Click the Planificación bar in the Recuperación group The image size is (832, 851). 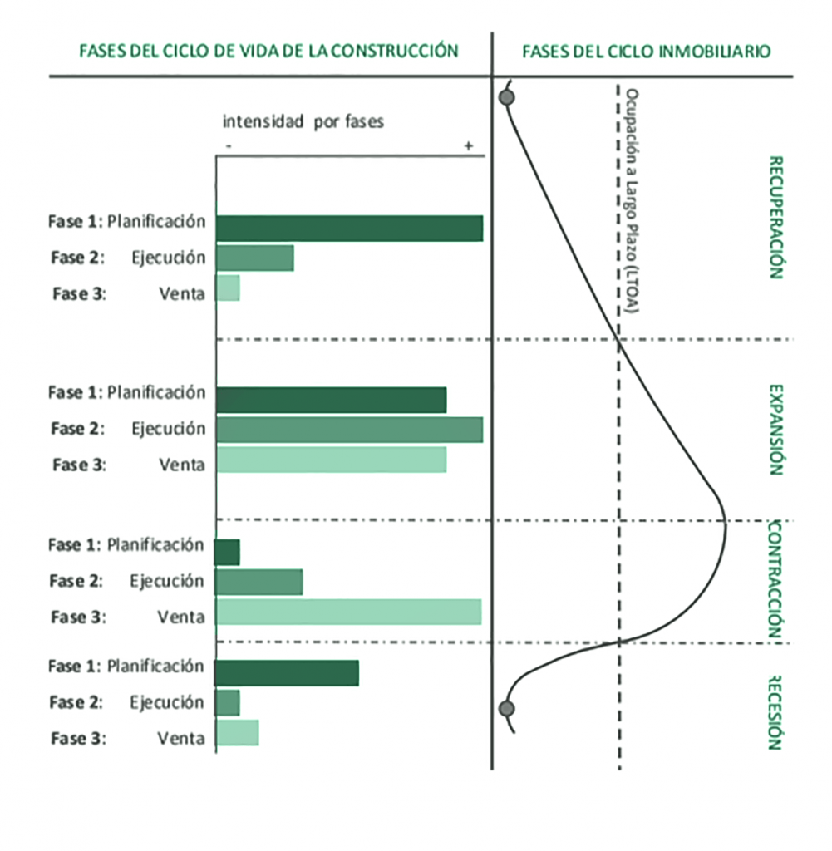click(x=349, y=228)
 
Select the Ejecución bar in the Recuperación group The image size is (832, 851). click(x=254, y=258)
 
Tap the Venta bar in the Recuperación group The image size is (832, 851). click(x=228, y=288)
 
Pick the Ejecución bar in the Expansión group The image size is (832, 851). click(x=349, y=430)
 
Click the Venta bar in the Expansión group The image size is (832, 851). click(x=331, y=460)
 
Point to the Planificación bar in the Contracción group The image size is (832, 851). click(x=227, y=552)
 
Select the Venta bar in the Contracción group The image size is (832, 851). click(x=348, y=612)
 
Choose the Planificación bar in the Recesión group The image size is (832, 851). click(x=287, y=673)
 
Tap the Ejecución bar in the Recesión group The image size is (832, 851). click(x=228, y=703)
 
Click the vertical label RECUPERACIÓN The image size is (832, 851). click(x=775, y=217)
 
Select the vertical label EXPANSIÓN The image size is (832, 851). click(x=775, y=429)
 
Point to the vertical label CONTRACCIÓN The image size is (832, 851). click(x=775, y=580)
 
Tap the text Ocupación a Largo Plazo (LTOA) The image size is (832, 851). click(x=633, y=202)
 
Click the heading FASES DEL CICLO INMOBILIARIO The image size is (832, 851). click(x=646, y=52)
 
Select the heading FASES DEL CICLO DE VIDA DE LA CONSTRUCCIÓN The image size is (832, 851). click(x=268, y=51)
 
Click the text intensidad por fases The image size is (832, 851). click(x=303, y=122)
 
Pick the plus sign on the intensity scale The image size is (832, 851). click(x=469, y=145)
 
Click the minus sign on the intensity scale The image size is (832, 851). click(x=228, y=145)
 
